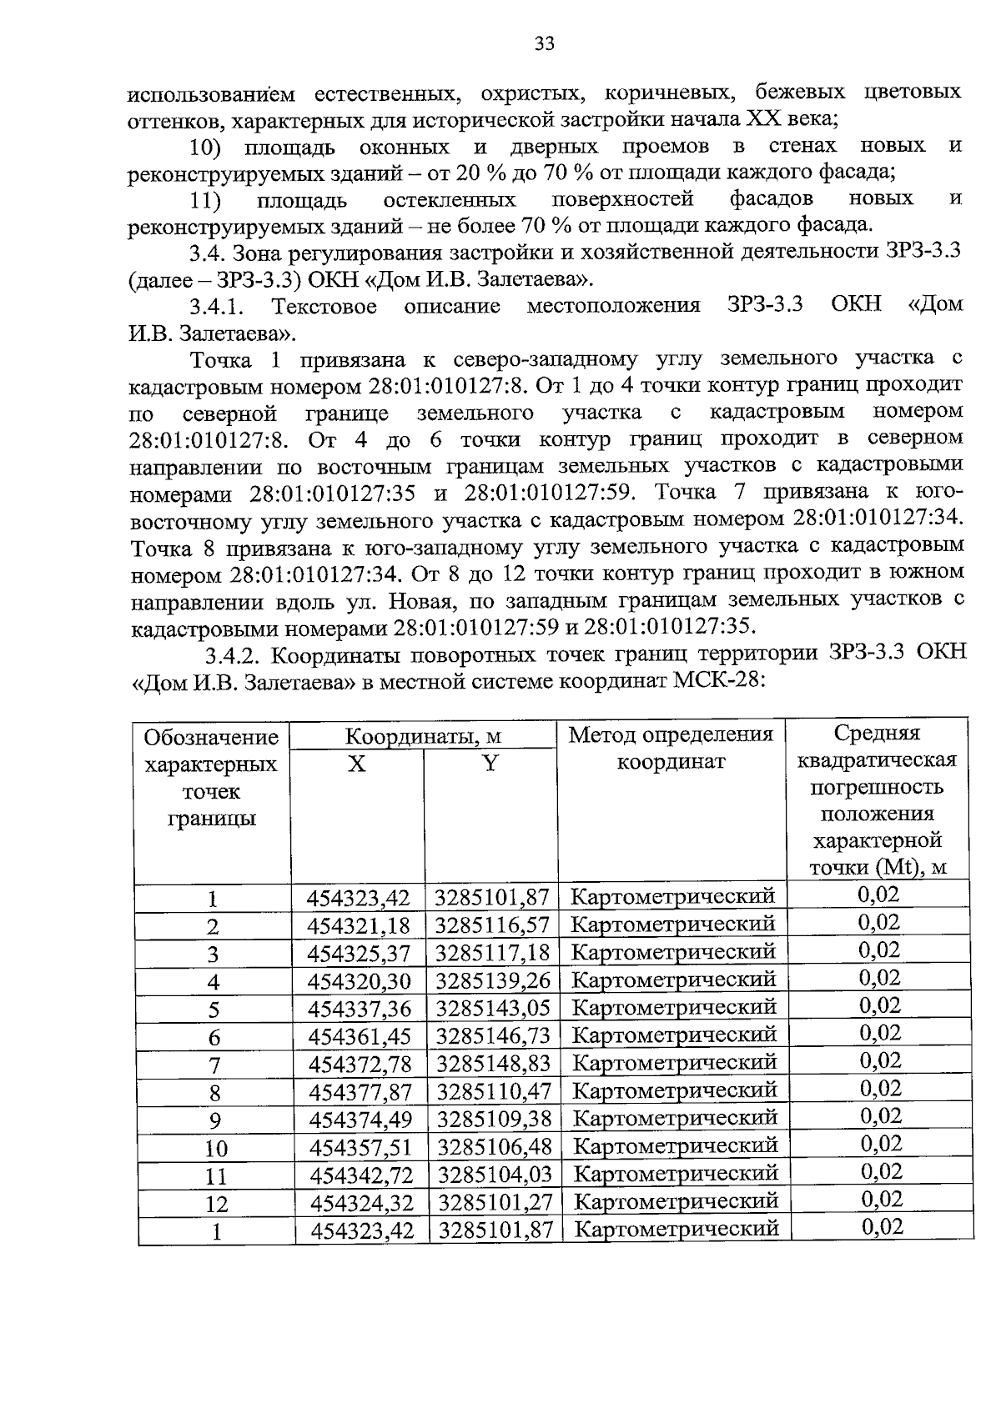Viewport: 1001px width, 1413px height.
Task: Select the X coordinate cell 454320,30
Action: pyautogui.click(x=359, y=981)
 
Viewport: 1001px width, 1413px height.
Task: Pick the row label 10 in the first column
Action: pyautogui.click(x=215, y=1149)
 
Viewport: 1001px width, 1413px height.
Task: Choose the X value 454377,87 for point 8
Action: pyautogui.click(x=360, y=1091)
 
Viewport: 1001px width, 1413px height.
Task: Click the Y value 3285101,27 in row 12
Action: pyautogui.click(x=495, y=1202)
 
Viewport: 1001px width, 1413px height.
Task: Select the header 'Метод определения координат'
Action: pyautogui.click(x=672, y=748)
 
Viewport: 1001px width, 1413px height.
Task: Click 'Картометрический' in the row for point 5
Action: pyautogui.click(x=674, y=1008)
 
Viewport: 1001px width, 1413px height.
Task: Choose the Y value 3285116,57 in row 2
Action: pyautogui.click(x=492, y=925)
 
